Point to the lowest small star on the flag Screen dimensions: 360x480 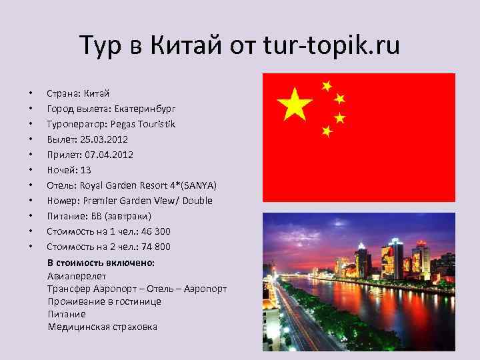coord(327,131)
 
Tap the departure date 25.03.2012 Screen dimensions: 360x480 coord(105,139)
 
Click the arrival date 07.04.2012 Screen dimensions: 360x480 coord(108,154)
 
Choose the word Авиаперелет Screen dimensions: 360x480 coord(77,275)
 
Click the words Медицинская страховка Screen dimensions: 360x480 coord(103,326)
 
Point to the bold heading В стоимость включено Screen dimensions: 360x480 coord(101,263)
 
